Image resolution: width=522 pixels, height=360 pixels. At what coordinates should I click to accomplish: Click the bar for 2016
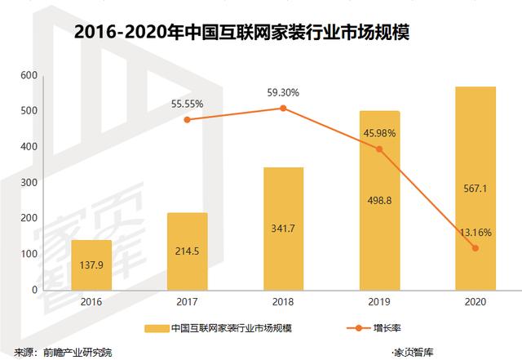(91, 264)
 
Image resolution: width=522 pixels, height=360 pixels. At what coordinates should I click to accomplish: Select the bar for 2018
(283, 229)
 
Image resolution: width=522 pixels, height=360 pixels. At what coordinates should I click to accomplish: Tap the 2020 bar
(475, 188)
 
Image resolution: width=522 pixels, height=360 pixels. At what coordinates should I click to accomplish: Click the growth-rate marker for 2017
(187, 120)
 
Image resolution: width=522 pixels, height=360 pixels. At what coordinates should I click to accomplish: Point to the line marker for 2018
(283, 108)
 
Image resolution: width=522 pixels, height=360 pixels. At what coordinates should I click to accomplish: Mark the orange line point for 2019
(379, 149)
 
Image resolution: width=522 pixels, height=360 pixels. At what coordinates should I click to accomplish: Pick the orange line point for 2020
(475, 248)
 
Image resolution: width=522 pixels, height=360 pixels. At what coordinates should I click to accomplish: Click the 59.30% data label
(283, 92)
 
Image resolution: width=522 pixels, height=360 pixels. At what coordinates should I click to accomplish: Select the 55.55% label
(187, 104)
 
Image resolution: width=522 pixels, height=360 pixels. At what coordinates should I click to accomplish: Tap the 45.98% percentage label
(379, 133)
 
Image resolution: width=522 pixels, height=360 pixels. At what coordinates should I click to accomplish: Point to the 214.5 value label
(187, 253)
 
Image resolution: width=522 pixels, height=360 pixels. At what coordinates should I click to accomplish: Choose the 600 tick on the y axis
(29, 76)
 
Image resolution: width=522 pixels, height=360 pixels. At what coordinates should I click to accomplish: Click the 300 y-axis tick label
(29, 183)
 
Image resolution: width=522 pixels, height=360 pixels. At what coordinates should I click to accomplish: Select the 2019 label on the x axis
(379, 302)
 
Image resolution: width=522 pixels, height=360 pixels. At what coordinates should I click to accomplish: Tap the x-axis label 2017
(187, 302)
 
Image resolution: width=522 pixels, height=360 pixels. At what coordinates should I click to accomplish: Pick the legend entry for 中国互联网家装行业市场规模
(232, 328)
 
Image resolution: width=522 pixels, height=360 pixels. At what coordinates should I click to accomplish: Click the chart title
(241, 34)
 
